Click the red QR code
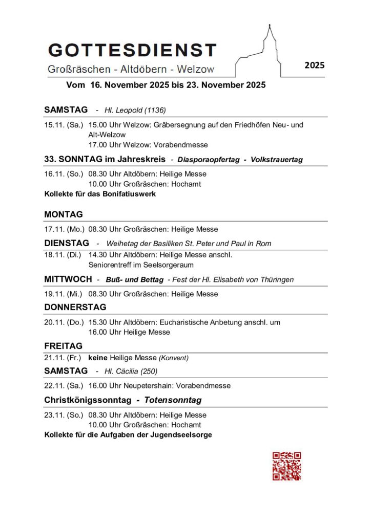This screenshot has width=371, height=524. [286, 466]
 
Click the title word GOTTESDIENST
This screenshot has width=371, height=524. [132, 50]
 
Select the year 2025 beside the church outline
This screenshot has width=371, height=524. [315, 65]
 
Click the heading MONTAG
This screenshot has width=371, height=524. [64, 214]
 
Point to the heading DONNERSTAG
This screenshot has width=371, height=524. [75, 307]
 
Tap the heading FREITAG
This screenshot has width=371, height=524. [63, 346]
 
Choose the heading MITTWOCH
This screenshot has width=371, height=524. [68, 279]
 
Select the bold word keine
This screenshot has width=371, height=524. [98, 358]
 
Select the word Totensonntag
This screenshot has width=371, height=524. [172, 400]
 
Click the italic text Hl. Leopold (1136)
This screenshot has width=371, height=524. [135, 110]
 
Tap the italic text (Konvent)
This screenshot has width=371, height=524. [173, 358]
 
